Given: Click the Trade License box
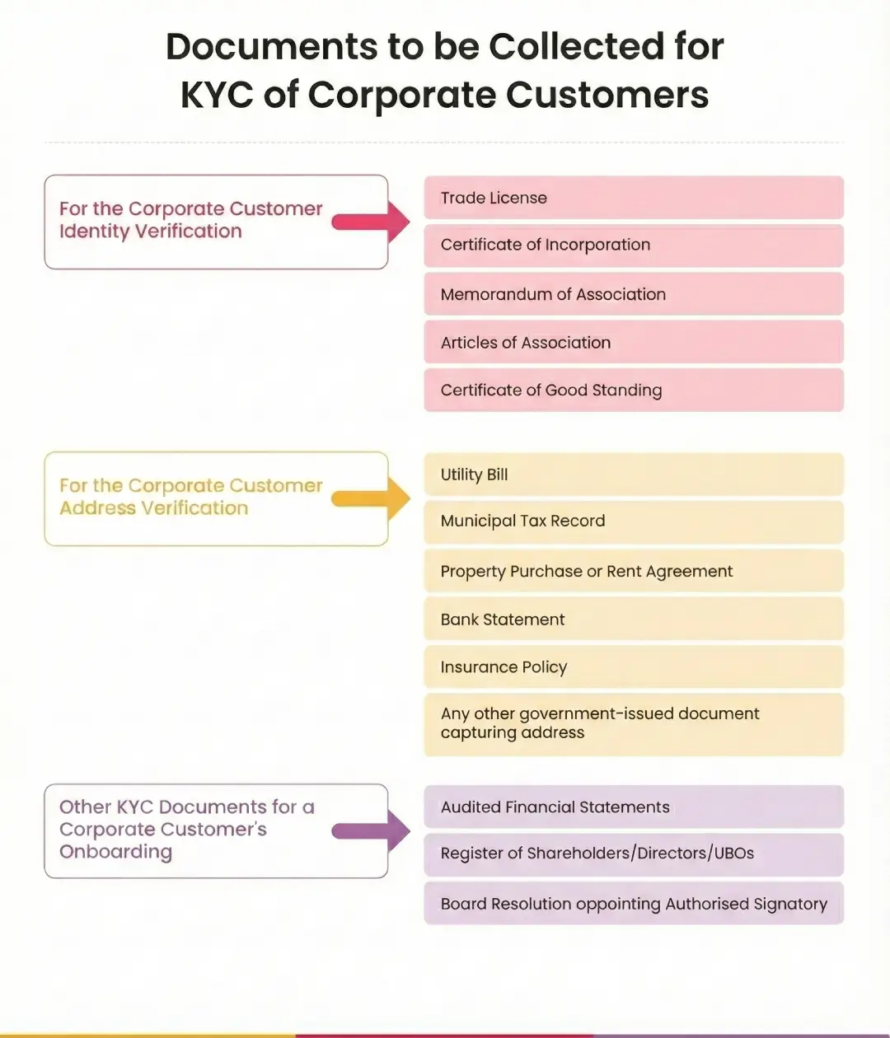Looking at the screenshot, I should [633, 198].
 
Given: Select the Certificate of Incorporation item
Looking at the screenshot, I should [633, 245].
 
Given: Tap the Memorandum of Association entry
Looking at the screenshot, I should [633, 294].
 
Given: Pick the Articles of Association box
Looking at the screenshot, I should [633, 342].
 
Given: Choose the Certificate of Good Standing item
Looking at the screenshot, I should [633, 390].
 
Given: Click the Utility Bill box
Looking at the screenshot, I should [633, 475].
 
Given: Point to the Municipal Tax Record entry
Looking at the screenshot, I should [633, 521].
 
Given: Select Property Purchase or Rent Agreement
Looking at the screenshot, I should [633, 571].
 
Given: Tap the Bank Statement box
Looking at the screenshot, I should [633, 620].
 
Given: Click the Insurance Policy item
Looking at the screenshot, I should [633, 666].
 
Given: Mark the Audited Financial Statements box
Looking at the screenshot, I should [633, 807].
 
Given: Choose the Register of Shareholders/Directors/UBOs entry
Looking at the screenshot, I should [633, 853].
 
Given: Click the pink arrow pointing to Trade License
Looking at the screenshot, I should [372, 222].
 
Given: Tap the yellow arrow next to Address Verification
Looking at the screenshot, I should [372, 498].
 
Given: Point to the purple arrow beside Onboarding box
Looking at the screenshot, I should [372, 830].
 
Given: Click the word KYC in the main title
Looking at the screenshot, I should [217, 95].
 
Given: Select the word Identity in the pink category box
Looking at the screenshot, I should [93, 231].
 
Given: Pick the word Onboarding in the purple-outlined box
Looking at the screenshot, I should [115, 852].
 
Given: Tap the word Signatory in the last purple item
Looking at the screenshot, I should [789, 905].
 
